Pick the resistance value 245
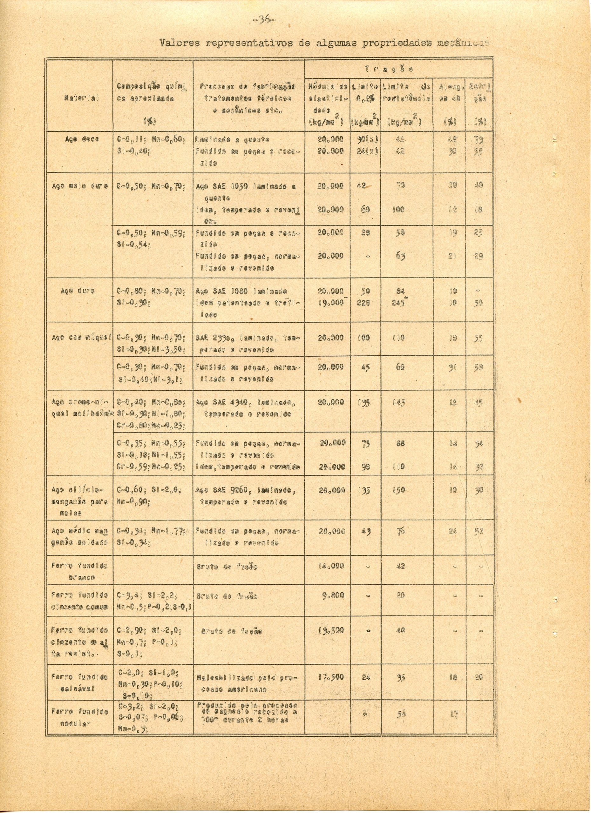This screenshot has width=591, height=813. tap(397, 303)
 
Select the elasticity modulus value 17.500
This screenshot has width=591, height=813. tap(331, 677)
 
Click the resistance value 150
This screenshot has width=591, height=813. tap(398, 490)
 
